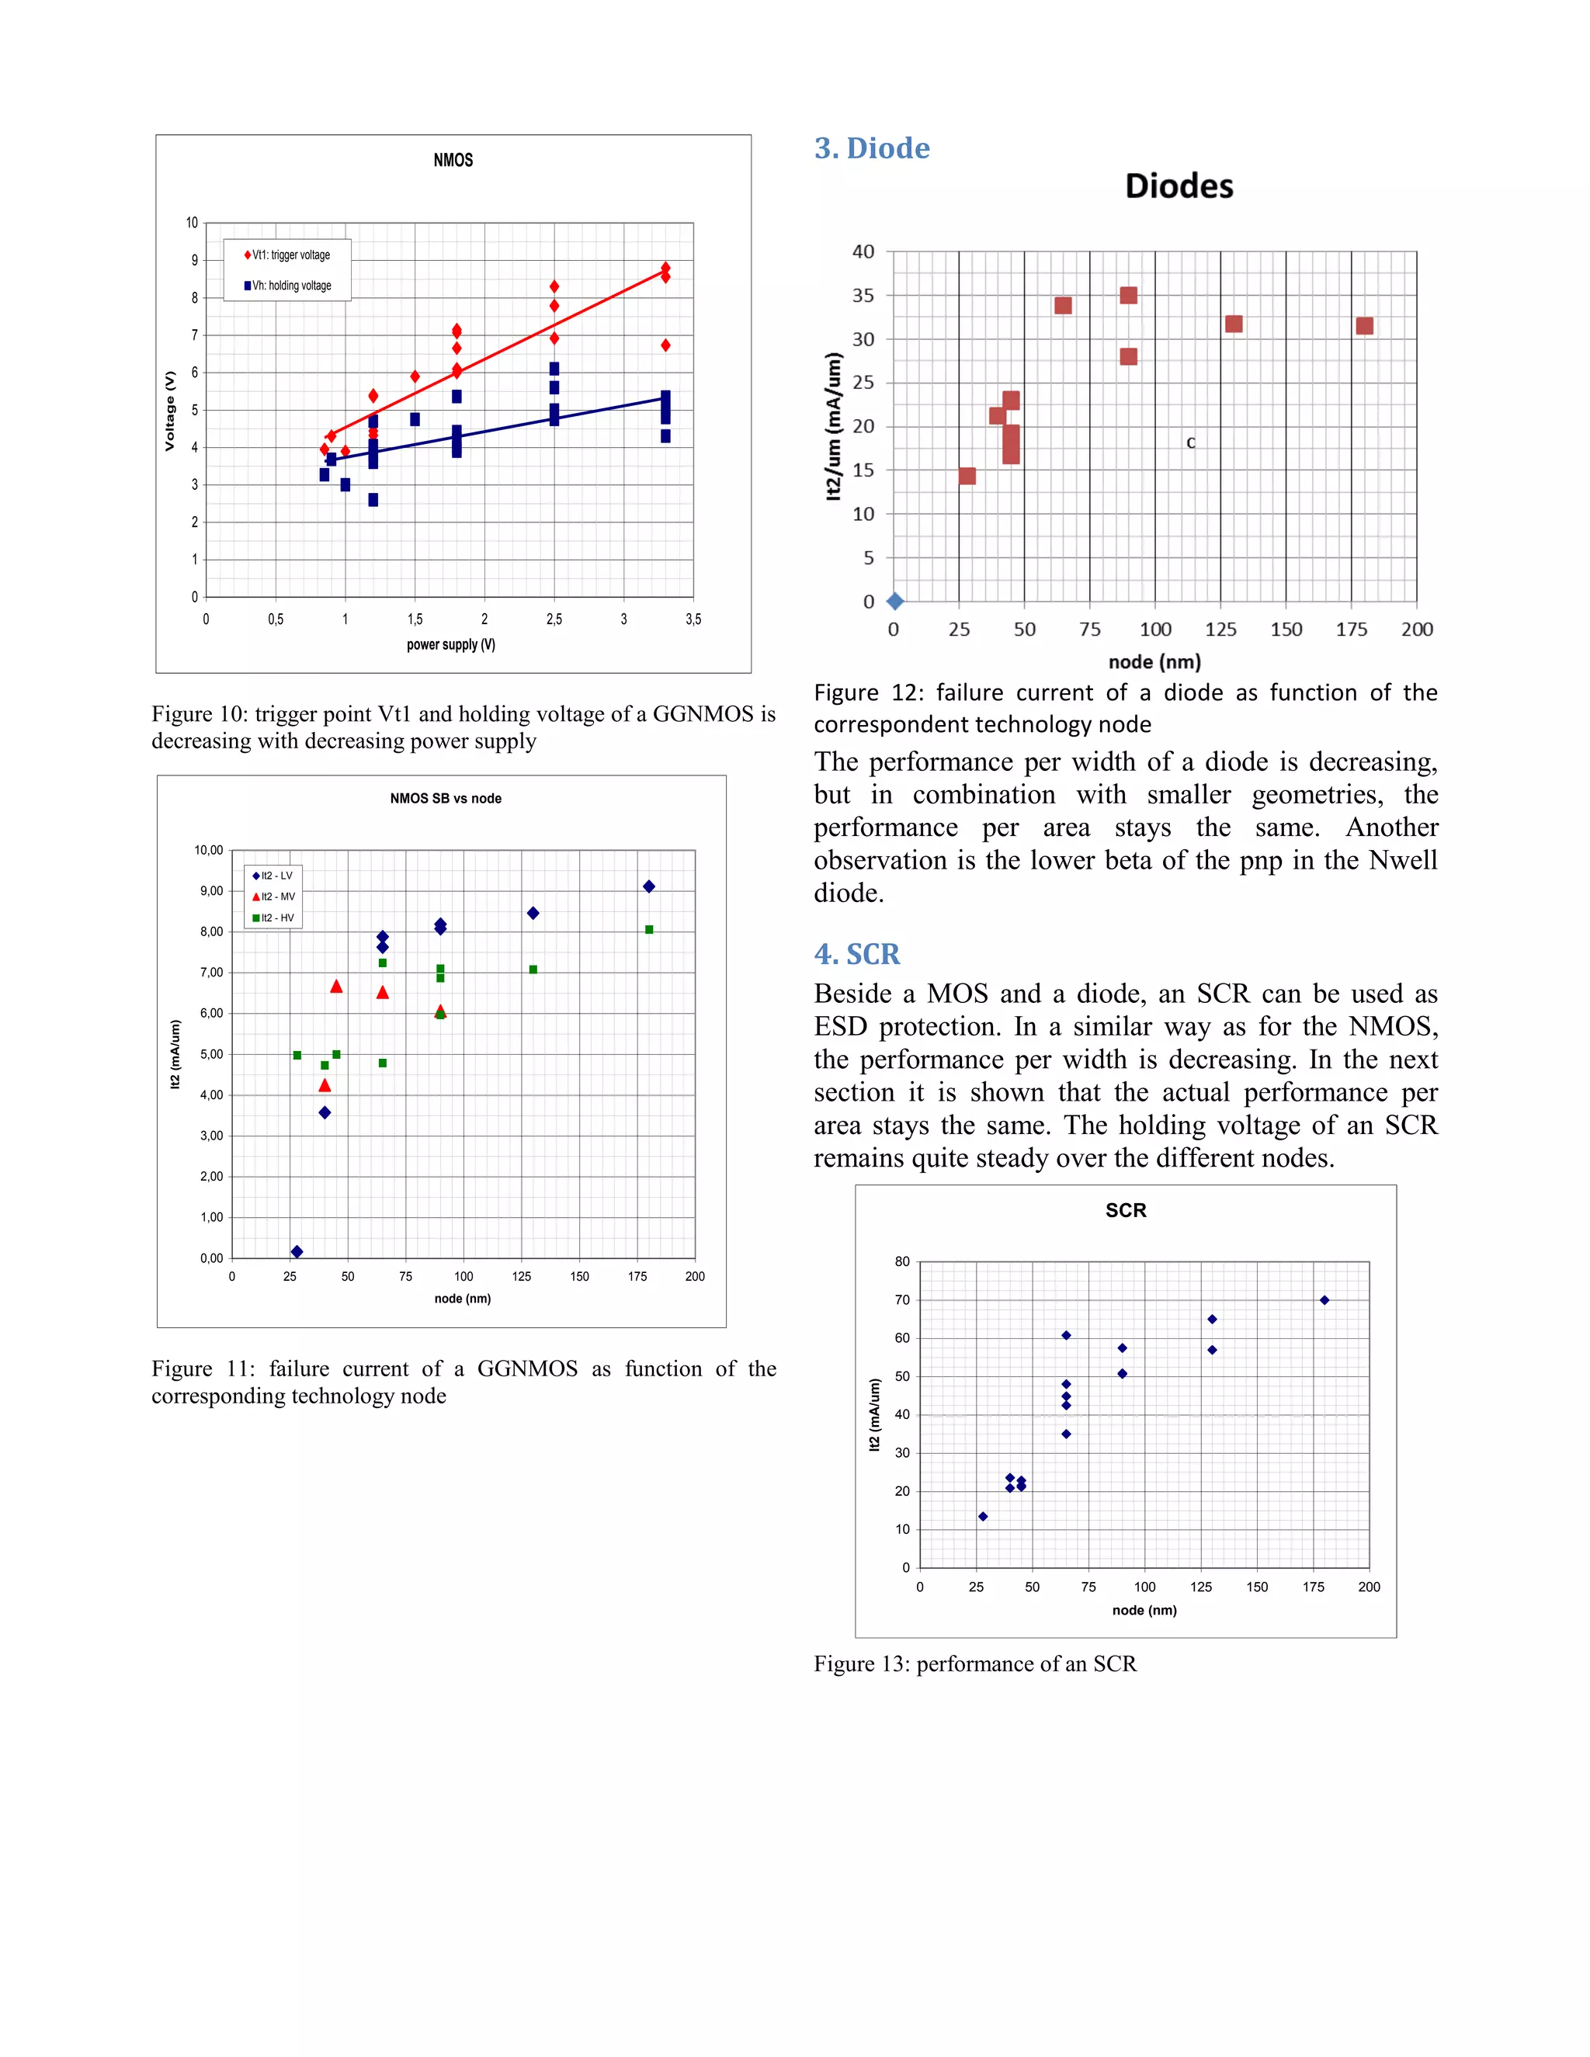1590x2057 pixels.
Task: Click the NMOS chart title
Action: click(x=453, y=160)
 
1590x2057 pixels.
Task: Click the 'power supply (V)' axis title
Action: click(x=450, y=644)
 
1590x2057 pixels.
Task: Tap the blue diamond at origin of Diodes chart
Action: click(x=895, y=601)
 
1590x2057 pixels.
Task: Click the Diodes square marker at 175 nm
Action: click(x=1364, y=326)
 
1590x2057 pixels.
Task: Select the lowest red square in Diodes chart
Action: click(x=967, y=476)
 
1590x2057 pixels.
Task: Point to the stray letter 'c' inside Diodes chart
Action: click(x=1191, y=442)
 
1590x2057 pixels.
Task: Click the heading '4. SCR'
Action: click(x=856, y=954)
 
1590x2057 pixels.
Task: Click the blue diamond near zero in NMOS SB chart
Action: click(x=297, y=1252)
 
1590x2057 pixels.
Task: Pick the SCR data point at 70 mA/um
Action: click(x=1324, y=1299)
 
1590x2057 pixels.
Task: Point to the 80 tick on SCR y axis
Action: click(x=902, y=1261)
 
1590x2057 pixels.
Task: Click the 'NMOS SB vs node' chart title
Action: click(x=446, y=798)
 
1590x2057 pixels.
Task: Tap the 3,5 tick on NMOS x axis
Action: click(x=693, y=619)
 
